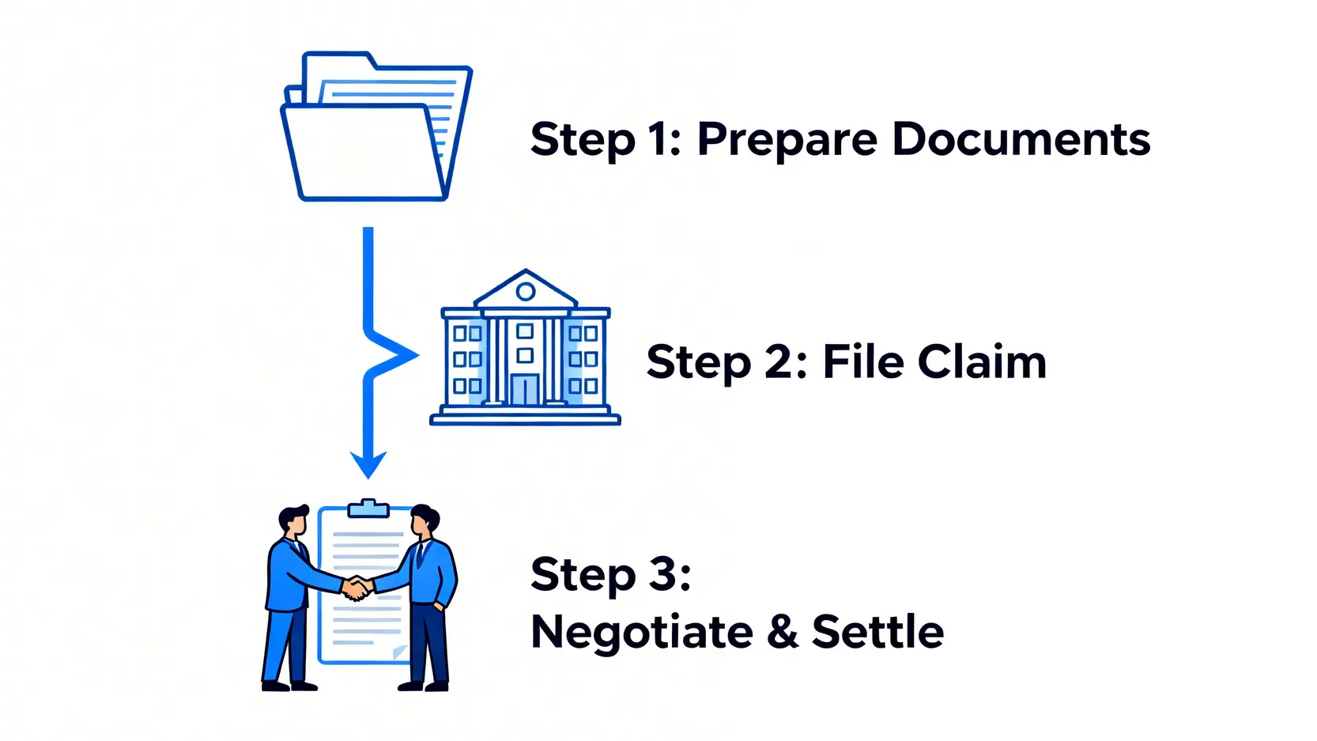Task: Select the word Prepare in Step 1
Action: pyautogui.click(x=787, y=140)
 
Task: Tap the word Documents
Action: pyautogui.click(x=1021, y=139)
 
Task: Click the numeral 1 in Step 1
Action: pyautogui.click(x=658, y=139)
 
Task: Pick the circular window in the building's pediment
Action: pyautogui.click(x=526, y=292)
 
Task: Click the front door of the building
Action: pyautogui.click(x=524, y=389)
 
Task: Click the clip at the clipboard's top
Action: pyautogui.click(x=368, y=508)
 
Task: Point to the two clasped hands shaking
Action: pyautogui.click(x=357, y=588)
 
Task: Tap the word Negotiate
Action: pyautogui.click(x=641, y=633)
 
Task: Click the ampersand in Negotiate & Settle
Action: pyautogui.click(x=783, y=632)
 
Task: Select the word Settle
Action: pyautogui.click(x=877, y=632)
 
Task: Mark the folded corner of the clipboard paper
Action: pyautogui.click(x=400, y=652)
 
